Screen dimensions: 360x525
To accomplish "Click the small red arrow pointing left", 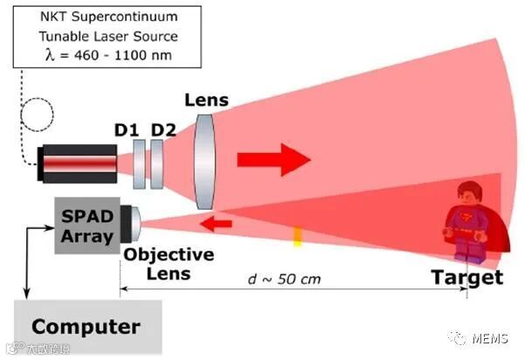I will (x=218, y=225).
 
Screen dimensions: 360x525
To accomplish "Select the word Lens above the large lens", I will (x=206, y=100).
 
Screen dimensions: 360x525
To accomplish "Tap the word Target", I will (x=467, y=278).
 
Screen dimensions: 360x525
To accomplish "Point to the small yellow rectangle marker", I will (x=297, y=235).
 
